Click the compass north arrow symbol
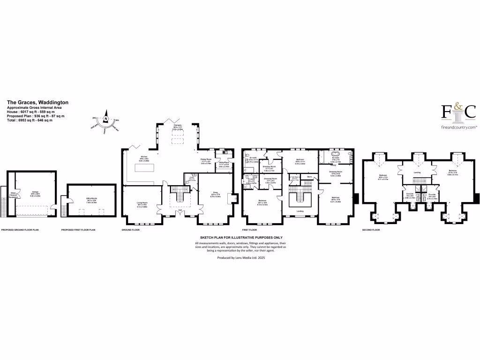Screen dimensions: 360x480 [x=106, y=119]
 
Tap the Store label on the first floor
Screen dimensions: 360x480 [x=309, y=177]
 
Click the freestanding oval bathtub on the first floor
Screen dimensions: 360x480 [x=336, y=154]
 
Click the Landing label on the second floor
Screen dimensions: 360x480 [x=417, y=172]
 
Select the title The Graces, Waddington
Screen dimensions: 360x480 [x=37, y=102]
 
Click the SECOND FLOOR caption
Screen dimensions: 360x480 [x=371, y=230]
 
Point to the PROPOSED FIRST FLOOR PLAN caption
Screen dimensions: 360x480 [x=78, y=230]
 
